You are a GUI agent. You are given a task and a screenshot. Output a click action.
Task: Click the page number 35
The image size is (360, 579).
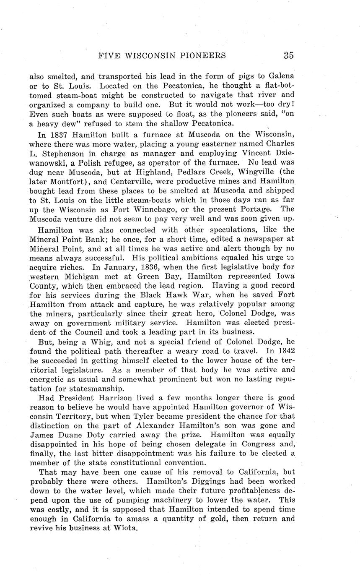click(x=288, y=55)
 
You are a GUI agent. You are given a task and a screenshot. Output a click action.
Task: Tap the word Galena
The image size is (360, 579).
click(x=281, y=76)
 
